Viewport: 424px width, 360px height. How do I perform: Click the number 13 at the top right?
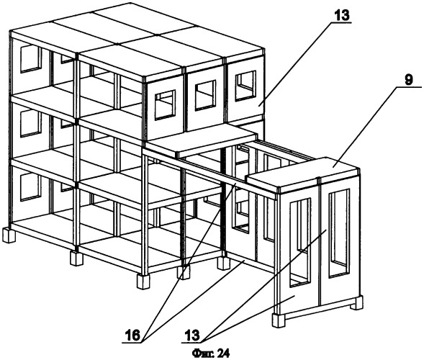[x=343, y=15]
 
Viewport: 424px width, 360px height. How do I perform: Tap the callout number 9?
[x=409, y=81]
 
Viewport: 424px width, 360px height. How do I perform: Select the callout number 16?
[x=132, y=336]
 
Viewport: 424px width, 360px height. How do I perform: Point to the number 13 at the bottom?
[x=192, y=336]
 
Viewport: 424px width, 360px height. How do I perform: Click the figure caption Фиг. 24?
[x=211, y=353]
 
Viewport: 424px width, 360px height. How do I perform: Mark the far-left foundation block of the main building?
[x=8, y=235]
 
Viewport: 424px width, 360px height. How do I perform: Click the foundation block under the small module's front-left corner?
[x=279, y=320]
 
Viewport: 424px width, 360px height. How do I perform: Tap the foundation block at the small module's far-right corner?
[x=356, y=302]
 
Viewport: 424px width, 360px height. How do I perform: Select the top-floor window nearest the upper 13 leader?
[x=245, y=86]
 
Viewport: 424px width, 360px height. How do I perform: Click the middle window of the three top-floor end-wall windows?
[x=205, y=95]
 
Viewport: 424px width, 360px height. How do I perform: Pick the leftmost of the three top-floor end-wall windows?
[x=165, y=105]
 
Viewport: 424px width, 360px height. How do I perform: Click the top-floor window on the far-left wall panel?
[x=31, y=59]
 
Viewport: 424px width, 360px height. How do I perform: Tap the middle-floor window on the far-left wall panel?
[x=31, y=124]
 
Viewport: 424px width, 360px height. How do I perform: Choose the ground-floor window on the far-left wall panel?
[x=31, y=187]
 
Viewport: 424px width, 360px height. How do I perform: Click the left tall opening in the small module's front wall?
[x=300, y=243]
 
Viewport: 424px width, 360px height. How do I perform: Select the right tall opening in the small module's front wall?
[x=339, y=233]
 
